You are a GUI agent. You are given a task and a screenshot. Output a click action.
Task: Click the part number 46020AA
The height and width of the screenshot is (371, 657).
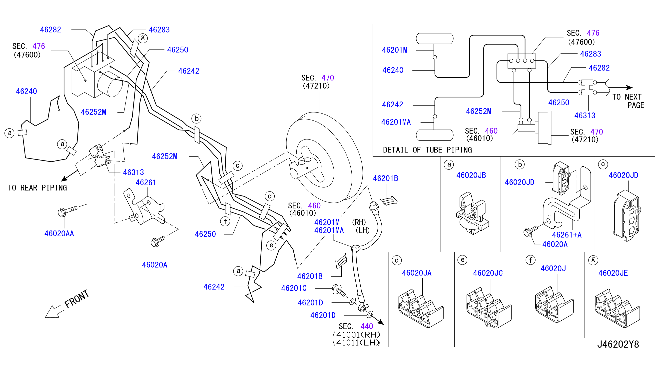tap(59, 233)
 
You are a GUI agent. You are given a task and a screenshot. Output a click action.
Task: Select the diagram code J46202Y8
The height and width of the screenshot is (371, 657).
tap(618, 344)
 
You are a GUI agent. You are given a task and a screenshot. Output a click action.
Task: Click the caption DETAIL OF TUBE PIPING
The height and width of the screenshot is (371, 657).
tap(427, 150)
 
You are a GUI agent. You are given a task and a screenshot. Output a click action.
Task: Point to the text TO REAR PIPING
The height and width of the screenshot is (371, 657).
tap(37, 188)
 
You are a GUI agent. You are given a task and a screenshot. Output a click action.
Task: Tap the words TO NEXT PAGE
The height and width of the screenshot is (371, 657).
tap(628, 101)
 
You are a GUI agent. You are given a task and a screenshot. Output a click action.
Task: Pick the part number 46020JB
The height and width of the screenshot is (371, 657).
tap(471, 175)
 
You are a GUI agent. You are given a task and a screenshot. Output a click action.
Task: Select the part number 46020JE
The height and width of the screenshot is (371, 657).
tap(613, 273)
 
